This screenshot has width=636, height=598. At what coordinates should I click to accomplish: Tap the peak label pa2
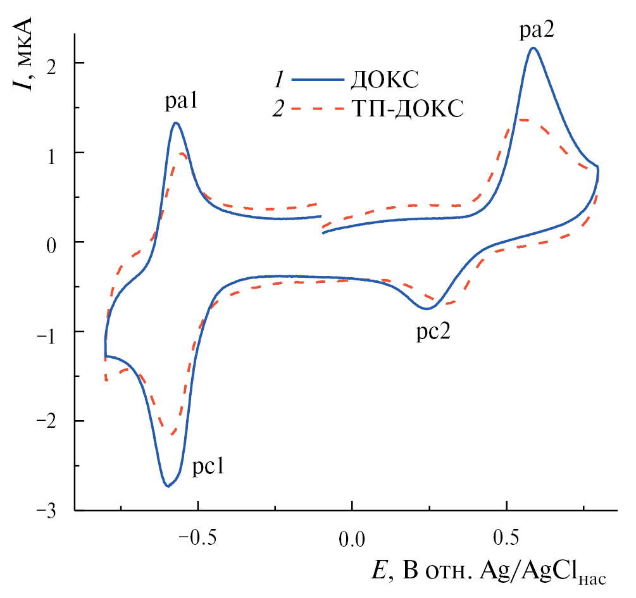(x=535, y=30)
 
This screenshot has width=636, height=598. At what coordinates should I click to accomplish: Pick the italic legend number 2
(x=277, y=110)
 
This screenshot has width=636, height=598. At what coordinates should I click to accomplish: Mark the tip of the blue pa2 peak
(x=533, y=47)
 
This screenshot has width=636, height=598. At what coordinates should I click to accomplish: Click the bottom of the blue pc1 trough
(x=167, y=486)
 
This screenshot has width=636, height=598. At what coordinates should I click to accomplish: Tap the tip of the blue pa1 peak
(x=175, y=123)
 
